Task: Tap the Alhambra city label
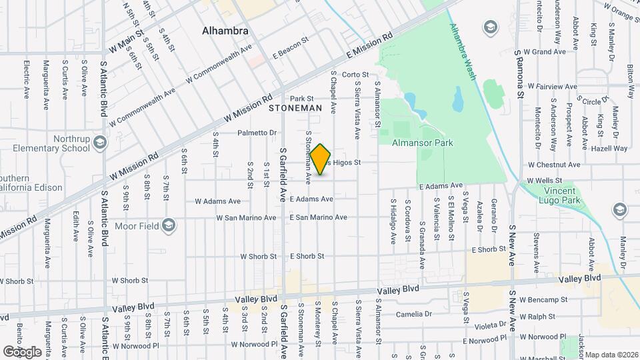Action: click(225, 31)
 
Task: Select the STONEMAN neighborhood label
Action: click(295, 107)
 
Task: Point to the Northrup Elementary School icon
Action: click(100, 142)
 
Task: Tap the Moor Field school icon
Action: click(168, 225)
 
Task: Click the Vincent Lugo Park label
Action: click(559, 195)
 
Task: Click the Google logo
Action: click(22, 351)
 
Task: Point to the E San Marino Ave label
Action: click(318, 217)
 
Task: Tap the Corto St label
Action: click(355, 75)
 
